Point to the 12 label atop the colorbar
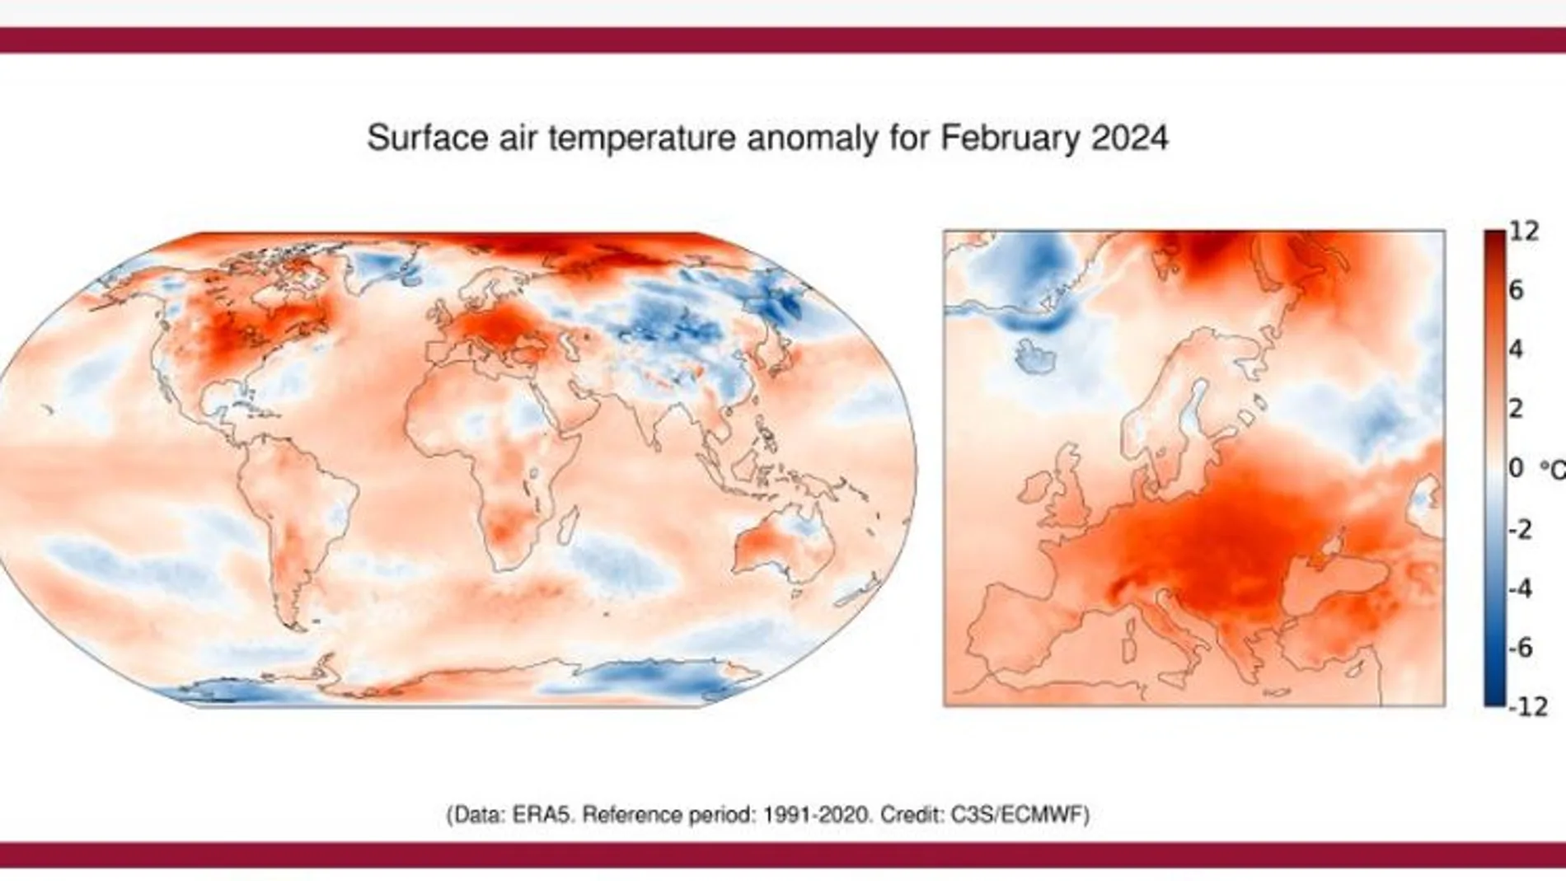point(1524,231)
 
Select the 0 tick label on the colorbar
point(1515,468)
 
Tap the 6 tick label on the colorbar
point(1515,290)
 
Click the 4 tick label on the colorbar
point(1515,349)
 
